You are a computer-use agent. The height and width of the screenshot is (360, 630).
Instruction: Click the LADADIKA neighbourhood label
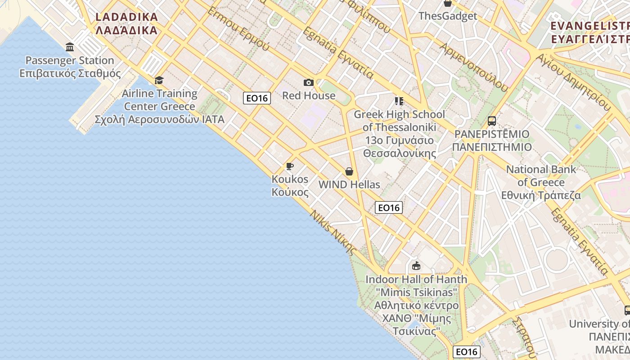click(x=126, y=24)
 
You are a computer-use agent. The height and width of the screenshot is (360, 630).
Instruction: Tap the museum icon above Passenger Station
click(x=70, y=47)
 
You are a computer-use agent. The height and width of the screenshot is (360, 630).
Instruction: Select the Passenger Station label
click(x=70, y=67)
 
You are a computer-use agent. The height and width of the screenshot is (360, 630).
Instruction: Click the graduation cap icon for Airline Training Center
click(x=159, y=81)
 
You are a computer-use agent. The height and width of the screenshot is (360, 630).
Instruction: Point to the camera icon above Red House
click(x=308, y=82)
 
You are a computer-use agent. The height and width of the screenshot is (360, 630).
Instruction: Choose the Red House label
click(x=309, y=95)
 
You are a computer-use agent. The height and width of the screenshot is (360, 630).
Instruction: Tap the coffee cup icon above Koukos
click(x=290, y=166)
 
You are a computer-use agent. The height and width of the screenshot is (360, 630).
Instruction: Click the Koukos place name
click(x=290, y=185)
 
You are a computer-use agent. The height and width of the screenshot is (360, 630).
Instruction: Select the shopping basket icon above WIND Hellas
click(x=349, y=171)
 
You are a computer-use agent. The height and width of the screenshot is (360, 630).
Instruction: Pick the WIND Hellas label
click(x=349, y=184)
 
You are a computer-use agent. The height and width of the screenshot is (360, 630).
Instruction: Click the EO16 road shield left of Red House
click(x=257, y=98)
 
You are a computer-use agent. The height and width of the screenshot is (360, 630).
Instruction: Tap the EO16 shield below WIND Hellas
click(x=389, y=207)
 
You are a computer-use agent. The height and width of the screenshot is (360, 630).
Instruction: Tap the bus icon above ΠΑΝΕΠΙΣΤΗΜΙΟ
click(x=492, y=121)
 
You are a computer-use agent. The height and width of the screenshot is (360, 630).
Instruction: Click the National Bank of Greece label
click(x=541, y=182)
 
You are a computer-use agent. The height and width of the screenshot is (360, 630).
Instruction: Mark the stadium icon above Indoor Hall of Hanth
click(x=416, y=266)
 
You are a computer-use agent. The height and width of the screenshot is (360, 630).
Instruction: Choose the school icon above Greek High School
click(x=399, y=101)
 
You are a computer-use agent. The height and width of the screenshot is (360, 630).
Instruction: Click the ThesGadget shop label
click(x=448, y=16)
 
